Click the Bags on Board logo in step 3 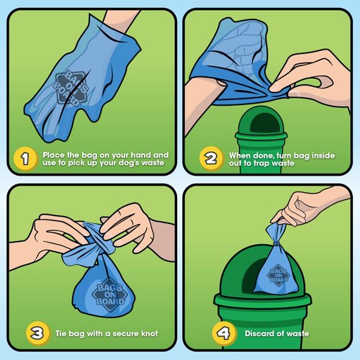tap(104, 292)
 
